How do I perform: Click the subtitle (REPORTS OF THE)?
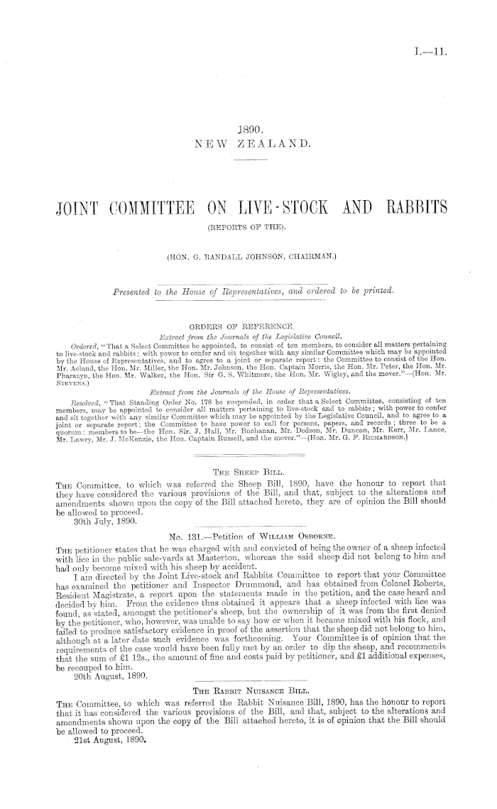tap(248, 229)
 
